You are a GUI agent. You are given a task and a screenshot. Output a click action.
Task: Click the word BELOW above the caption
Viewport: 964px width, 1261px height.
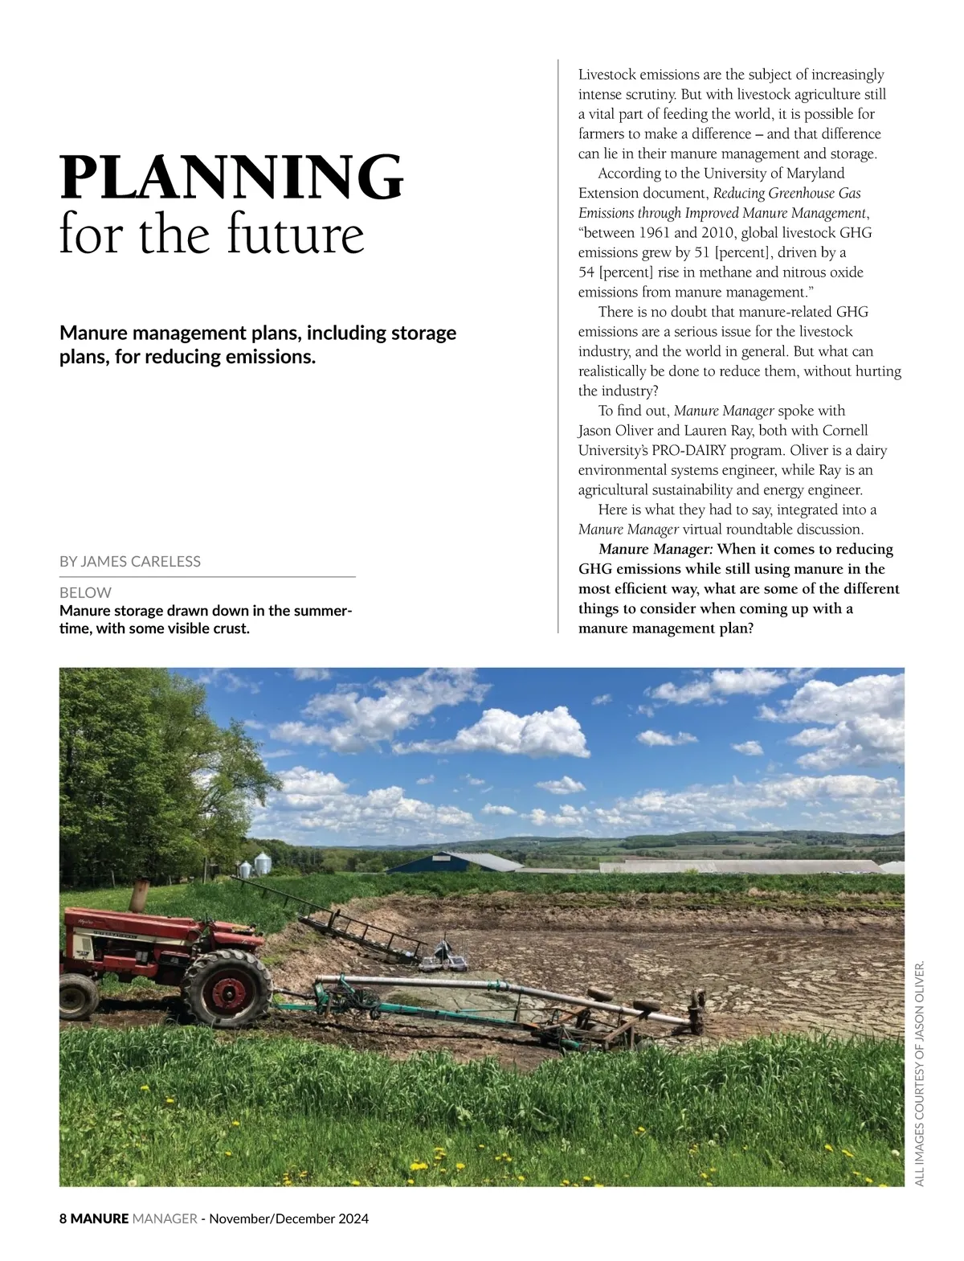(x=85, y=592)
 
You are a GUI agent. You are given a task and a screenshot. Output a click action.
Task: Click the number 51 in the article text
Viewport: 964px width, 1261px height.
(x=701, y=252)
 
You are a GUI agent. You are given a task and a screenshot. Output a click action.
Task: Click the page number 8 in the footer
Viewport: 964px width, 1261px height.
(x=63, y=1218)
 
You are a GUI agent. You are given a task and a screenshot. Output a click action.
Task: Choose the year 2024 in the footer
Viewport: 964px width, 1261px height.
(x=353, y=1218)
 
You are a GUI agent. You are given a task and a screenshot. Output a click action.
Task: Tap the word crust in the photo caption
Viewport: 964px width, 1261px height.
(x=228, y=628)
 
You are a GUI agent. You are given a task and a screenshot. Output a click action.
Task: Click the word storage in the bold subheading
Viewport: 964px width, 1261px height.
(x=423, y=333)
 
